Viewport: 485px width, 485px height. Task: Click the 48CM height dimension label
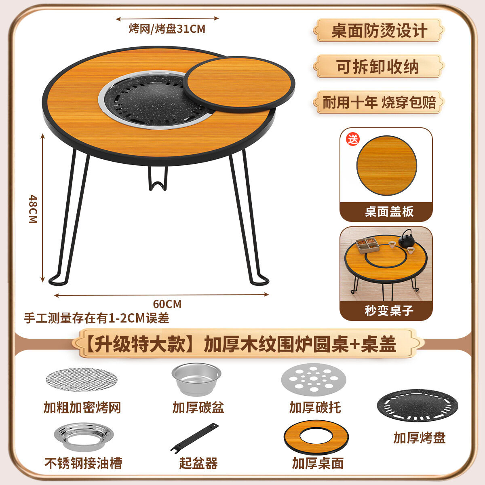[33, 209]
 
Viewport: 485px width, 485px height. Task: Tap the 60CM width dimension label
[167, 304]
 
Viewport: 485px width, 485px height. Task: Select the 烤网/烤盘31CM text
[167, 29]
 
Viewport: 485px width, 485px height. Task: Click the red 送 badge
[352, 139]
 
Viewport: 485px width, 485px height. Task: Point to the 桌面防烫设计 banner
[379, 30]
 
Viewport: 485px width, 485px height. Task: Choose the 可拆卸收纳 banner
[379, 67]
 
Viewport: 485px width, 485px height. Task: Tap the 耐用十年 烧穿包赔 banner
[379, 102]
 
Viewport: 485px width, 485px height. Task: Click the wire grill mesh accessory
[82, 379]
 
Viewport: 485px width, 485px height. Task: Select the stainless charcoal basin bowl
[196, 379]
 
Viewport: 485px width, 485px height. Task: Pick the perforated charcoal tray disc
[314, 379]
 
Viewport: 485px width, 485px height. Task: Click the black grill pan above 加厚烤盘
[418, 406]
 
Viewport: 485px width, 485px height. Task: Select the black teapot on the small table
[407, 238]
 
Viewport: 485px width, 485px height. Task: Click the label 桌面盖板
[389, 211]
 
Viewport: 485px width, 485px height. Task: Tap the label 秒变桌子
[389, 310]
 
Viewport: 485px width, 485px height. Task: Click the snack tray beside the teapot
[367, 245]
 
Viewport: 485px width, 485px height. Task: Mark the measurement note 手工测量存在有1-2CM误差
[97, 318]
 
